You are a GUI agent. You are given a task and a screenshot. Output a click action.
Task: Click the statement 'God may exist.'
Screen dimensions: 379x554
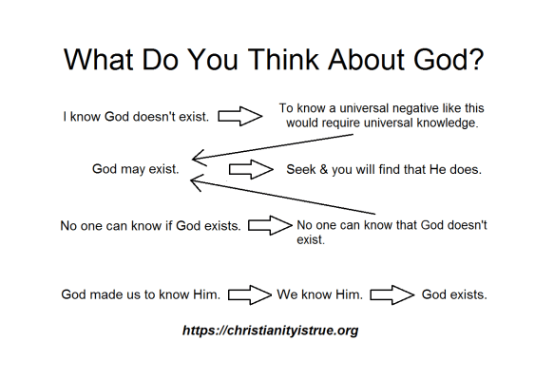pyautogui.click(x=133, y=169)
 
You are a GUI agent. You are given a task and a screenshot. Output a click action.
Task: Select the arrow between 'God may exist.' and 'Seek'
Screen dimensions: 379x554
pyautogui.click(x=250, y=170)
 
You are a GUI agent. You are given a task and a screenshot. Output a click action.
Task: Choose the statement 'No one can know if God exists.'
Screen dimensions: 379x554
pyautogui.click(x=150, y=226)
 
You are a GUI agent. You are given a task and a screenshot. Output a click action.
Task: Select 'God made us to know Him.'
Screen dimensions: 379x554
pyautogui.click(x=142, y=294)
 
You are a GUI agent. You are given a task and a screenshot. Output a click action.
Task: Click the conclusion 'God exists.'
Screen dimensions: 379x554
pyautogui.click(x=454, y=294)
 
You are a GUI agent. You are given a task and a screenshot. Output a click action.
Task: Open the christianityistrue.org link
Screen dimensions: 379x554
pyautogui.click(x=270, y=331)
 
